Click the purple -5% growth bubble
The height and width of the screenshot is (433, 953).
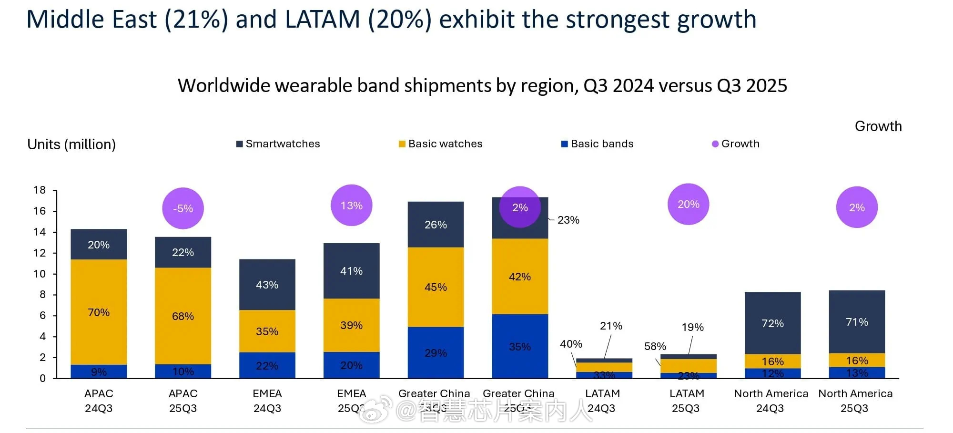click(x=183, y=208)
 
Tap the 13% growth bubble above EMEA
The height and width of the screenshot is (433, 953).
click(x=352, y=206)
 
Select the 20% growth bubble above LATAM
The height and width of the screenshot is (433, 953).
click(x=689, y=204)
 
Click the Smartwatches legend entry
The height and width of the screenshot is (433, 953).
click(x=278, y=144)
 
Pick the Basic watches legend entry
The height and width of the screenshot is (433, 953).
click(x=441, y=144)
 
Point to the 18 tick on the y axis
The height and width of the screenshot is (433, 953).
click(x=40, y=190)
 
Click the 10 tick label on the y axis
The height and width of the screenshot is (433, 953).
click(x=40, y=274)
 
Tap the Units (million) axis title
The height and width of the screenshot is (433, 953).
click(x=71, y=144)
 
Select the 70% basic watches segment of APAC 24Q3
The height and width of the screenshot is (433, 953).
click(x=99, y=312)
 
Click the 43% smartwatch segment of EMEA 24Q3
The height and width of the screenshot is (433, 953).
click(x=267, y=285)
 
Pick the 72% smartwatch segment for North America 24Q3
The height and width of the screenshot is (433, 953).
click(x=772, y=323)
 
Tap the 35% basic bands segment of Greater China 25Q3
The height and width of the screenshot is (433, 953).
click(x=520, y=347)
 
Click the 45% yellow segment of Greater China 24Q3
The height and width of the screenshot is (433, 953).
click(x=436, y=287)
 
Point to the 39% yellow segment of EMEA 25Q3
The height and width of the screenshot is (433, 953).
click(x=352, y=325)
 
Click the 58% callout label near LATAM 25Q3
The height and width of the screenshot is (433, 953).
click(x=655, y=346)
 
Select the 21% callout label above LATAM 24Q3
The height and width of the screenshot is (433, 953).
click(x=611, y=326)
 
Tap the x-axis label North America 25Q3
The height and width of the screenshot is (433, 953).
click(x=855, y=401)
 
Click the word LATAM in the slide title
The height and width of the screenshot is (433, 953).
click(x=323, y=20)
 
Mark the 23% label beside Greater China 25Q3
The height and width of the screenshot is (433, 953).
click(x=568, y=220)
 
